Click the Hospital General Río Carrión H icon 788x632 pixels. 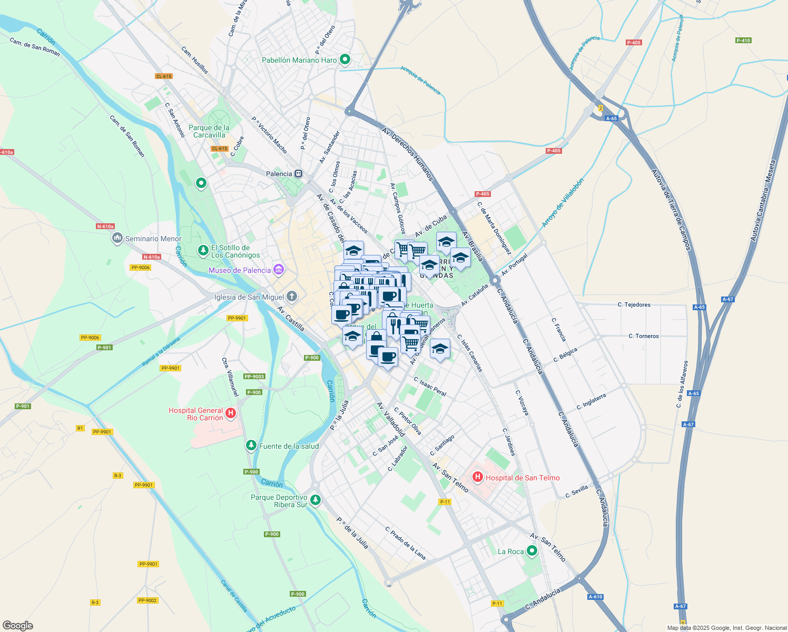pos(230,414)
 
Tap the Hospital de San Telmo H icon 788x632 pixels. pos(478,478)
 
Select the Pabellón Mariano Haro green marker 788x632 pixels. pos(345,60)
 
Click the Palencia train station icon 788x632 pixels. pos(299,174)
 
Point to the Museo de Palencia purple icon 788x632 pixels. pos(279,270)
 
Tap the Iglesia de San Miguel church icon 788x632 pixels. pos(292,297)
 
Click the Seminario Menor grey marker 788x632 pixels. pos(117,239)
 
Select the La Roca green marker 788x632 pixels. pos(532,551)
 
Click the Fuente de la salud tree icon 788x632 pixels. pos(251,446)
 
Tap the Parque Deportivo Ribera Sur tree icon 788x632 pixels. pos(316,500)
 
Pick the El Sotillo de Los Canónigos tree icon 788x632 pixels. pos(203,251)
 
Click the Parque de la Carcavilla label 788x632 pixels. pos(209,131)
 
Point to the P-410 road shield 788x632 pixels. pos(743,41)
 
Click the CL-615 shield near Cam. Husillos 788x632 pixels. pos(164,76)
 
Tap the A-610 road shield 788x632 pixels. pos(595,597)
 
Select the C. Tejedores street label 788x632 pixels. pos(634,305)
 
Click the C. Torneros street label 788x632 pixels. pos(643,336)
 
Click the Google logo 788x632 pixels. pos(17,625)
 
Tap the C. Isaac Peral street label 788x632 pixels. pos(430,387)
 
